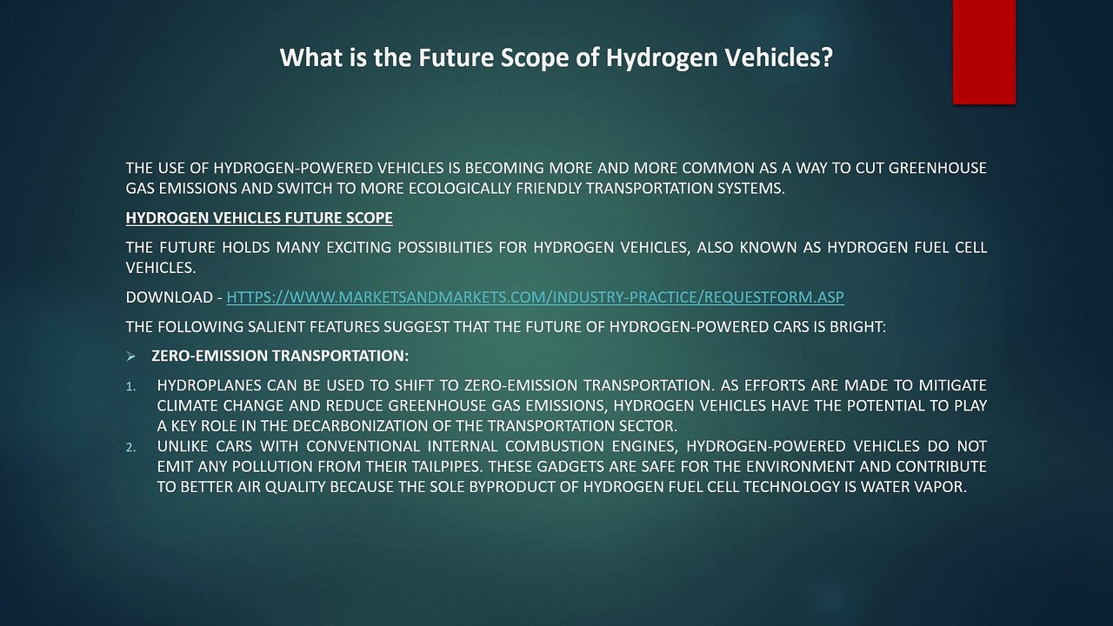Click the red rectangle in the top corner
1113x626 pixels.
[983, 51]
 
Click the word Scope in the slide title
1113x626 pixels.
[534, 57]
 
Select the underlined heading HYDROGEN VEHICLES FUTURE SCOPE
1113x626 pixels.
[259, 217]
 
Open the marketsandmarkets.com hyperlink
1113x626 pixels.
[535, 297]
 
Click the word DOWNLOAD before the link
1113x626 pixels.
[170, 297]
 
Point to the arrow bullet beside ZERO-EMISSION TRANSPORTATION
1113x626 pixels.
[130, 356]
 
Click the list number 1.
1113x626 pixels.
[130, 387]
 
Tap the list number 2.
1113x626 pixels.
[130, 448]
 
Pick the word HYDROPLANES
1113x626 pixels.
[209, 385]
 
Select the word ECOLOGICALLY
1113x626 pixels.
[460, 189]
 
